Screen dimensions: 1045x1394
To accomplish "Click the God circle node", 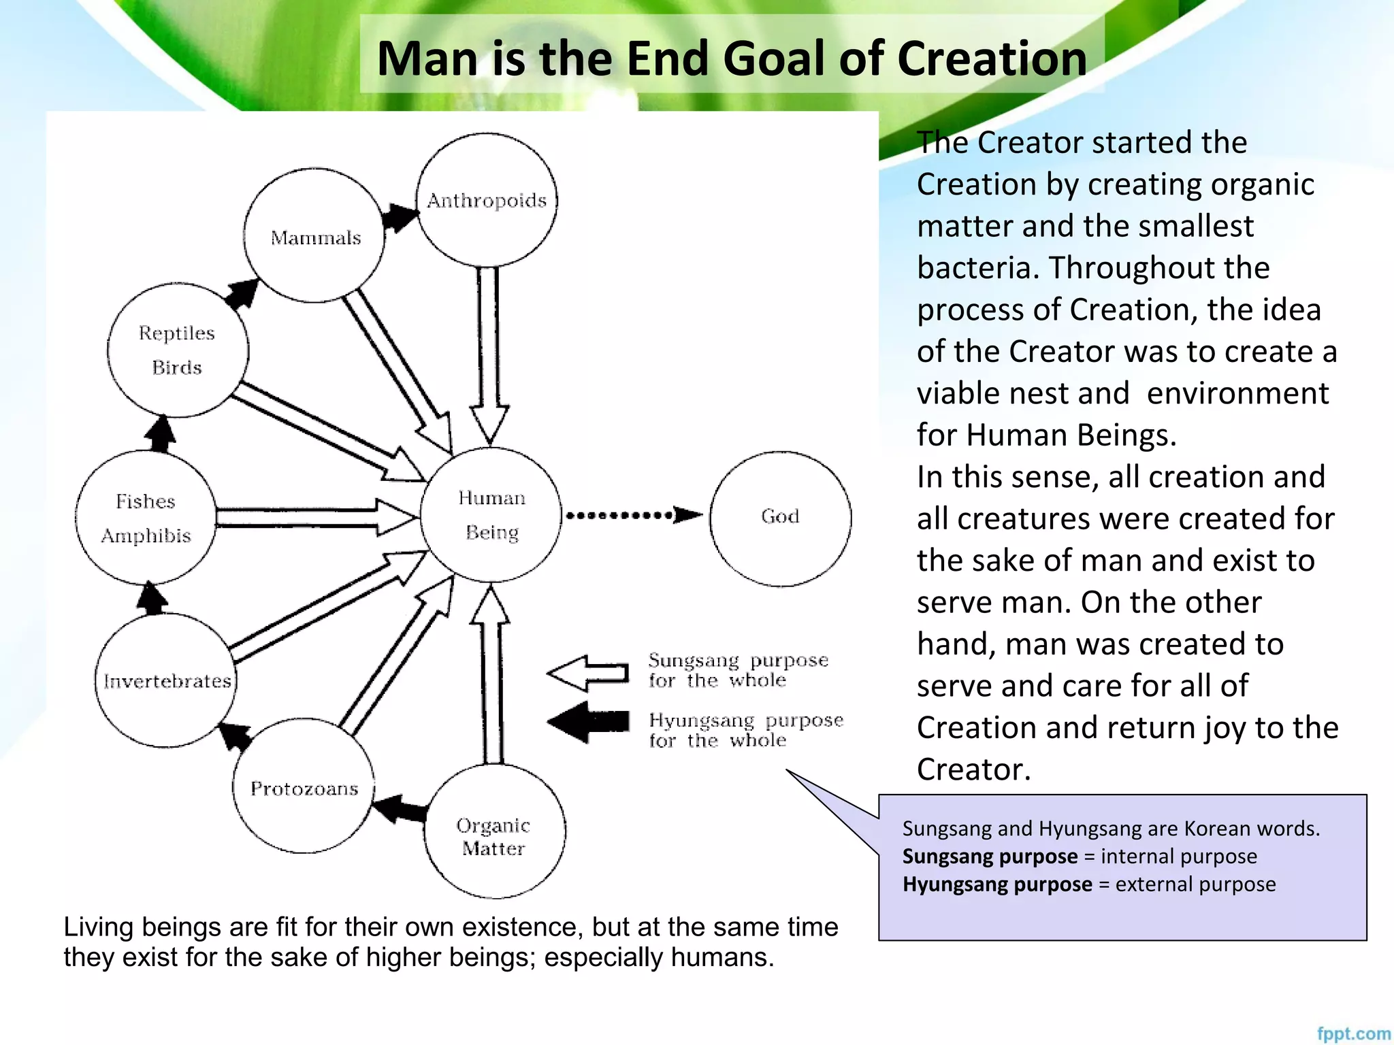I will coord(780,518).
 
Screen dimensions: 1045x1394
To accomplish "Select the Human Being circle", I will coord(491,515).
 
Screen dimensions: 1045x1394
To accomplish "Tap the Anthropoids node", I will coord(487,200).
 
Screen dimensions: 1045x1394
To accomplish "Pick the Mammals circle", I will coord(314,236).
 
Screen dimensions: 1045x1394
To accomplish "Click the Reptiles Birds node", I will coord(178,350).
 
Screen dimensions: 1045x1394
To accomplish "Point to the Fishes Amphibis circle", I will coord(146,518).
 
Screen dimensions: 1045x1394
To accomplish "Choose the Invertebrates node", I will coord(166,680).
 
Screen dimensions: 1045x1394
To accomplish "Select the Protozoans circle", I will coord(304,786).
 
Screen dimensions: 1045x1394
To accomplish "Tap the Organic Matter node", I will coord(494,831).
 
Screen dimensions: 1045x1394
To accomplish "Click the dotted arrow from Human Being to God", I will coord(633,515).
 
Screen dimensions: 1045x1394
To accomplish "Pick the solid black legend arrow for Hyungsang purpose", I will coord(589,722).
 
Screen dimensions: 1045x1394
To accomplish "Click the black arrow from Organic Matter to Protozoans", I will coord(400,809).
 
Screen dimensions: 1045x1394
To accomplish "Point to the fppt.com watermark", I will coord(1352,1033).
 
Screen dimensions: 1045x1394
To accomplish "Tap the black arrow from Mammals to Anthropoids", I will coord(400,218).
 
